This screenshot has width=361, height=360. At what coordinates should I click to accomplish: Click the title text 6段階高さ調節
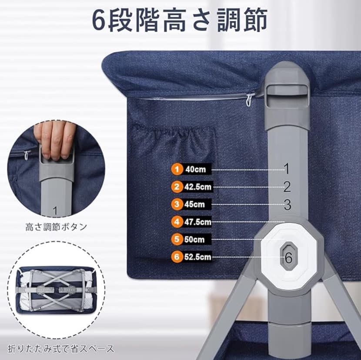click(x=180, y=20)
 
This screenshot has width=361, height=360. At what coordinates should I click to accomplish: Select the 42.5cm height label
click(x=197, y=187)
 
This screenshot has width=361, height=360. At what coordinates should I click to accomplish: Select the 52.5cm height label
click(x=197, y=257)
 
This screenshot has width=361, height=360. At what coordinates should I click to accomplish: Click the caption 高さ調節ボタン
click(x=56, y=227)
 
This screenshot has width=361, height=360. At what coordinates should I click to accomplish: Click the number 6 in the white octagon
click(x=288, y=257)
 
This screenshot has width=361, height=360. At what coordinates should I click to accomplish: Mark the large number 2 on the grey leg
click(x=287, y=187)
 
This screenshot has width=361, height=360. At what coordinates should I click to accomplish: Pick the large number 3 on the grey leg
click(x=287, y=205)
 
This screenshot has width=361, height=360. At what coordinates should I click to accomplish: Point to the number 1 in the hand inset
click(x=55, y=211)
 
